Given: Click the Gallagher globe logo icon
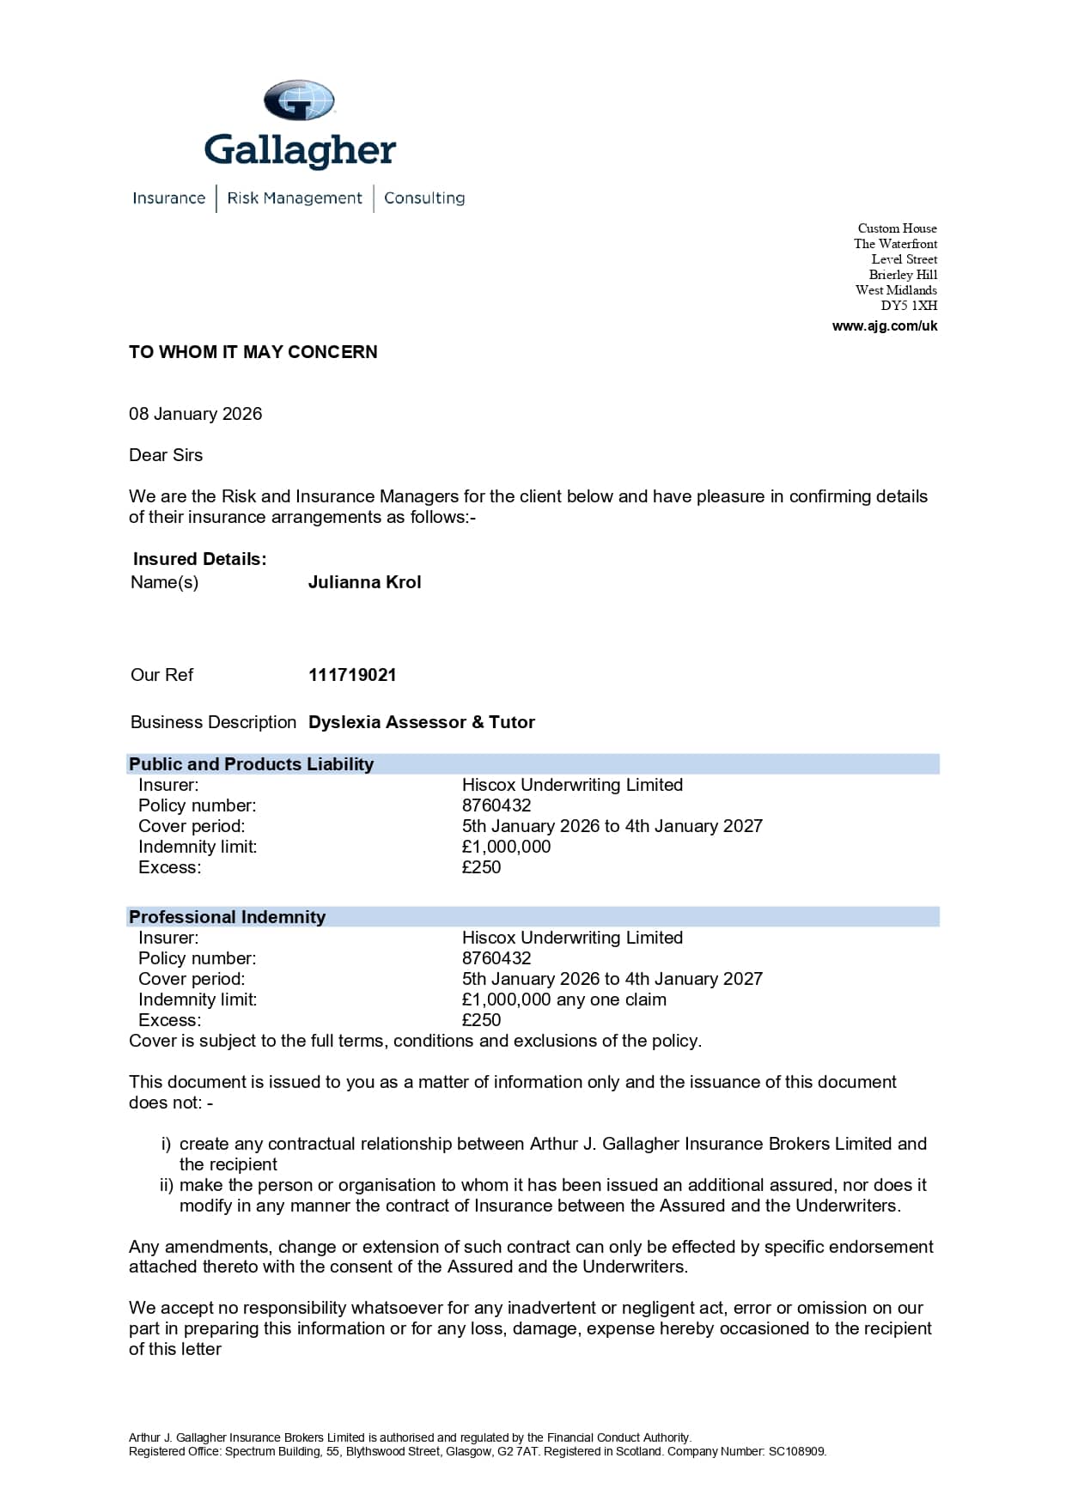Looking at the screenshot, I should [x=298, y=100].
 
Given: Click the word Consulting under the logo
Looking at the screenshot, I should [x=424, y=198].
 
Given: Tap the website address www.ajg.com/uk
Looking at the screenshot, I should [x=885, y=326].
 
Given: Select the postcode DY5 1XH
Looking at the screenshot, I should [x=909, y=306].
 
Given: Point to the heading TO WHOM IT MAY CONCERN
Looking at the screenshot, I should [x=253, y=352].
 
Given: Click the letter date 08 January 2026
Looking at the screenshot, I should [x=196, y=414].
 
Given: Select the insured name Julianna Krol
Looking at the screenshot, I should [x=364, y=582].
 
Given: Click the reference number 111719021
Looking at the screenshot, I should [x=352, y=675].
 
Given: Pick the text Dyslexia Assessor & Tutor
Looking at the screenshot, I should [x=421, y=722].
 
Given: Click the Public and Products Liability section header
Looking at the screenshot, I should [x=252, y=764].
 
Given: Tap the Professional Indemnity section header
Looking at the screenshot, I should [x=228, y=917].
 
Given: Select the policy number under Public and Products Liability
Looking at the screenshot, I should [x=496, y=805].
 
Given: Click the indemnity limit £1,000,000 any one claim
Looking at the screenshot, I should [x=563, y=1000].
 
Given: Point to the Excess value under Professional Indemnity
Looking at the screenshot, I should [x=481, y=1020].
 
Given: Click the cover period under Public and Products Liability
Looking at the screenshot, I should [x=612, y=826].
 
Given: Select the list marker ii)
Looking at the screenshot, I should [x=167, y=1185].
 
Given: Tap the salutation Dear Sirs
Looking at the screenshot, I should [x=166, y=455].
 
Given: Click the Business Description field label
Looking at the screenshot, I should [x=213, y=722].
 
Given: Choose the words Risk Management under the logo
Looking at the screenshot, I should [x=295, y=198].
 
